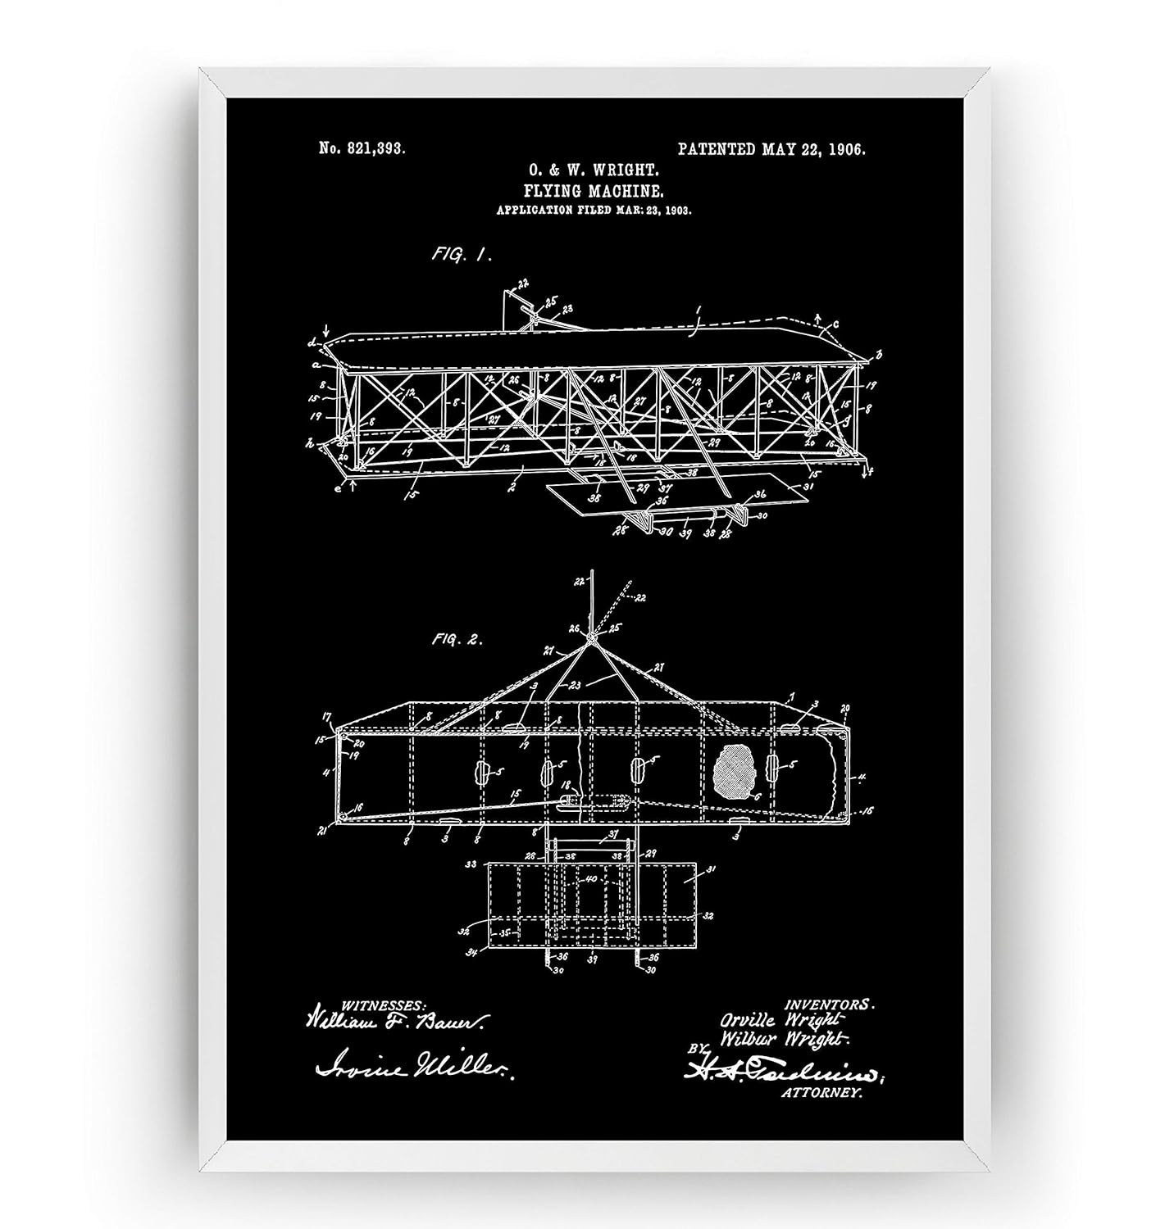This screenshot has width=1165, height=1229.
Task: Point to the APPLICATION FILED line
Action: click(594, 211)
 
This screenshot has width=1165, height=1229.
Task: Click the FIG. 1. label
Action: click(462, 255)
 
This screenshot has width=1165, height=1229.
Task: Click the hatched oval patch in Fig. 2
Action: click(738, 772)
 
